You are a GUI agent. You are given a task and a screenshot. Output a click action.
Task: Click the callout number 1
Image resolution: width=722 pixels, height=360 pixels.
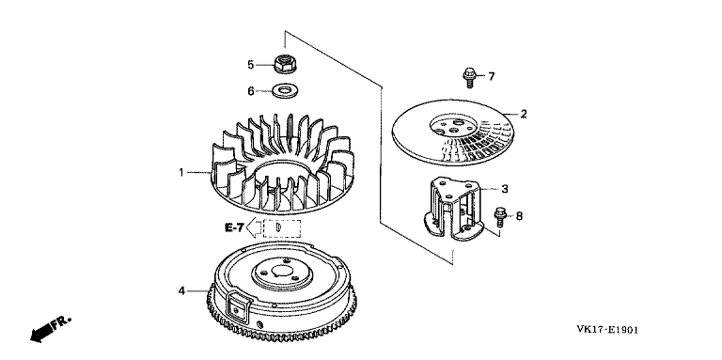tap(181, 173)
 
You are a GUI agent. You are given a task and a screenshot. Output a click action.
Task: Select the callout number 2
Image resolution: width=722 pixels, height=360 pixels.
tap(523, 114)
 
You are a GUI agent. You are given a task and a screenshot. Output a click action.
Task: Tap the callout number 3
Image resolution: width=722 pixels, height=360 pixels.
tap(505, 188)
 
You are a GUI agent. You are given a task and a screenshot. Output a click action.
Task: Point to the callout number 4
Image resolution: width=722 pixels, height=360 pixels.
tap(181, 291)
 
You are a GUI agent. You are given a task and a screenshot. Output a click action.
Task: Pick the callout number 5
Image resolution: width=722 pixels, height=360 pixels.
tap(250, 65)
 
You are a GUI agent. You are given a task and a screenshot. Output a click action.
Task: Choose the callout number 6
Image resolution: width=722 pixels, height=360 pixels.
tap(251, 91)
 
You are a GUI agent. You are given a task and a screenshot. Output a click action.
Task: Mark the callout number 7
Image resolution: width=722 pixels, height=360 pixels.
tap(492, 76)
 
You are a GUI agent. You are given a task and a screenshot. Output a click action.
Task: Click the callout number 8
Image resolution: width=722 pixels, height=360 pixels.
tap(519, 216)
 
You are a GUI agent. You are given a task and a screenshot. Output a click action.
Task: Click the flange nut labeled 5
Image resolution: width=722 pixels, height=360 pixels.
tap(285, 64)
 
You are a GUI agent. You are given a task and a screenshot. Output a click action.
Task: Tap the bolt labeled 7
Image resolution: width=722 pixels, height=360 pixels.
tap(469, 77)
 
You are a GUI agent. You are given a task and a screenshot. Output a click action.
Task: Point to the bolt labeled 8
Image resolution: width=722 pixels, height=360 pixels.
tap(500, 217)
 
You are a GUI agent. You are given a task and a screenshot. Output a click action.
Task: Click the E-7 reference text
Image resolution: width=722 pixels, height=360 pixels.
tap(234, 227)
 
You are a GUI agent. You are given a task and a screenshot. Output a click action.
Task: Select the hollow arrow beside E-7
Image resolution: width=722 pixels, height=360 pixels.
tap(254, 227)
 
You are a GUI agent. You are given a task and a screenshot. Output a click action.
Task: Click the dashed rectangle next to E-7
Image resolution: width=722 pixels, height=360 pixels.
tap(282, 227)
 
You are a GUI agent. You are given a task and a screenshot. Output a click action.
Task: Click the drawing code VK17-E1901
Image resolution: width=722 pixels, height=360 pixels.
tap(607, 330)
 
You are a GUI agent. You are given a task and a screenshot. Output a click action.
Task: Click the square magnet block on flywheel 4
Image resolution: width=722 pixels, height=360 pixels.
tap(238, 306)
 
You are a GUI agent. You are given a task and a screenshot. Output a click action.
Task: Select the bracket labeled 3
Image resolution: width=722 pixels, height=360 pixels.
tap(453, 210)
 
